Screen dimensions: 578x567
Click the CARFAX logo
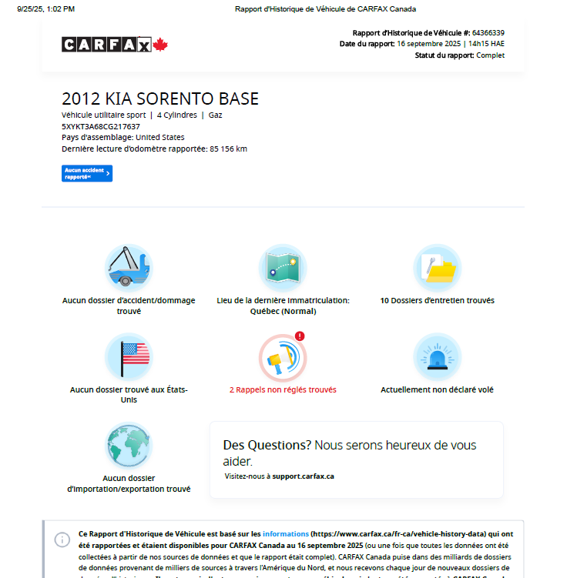(106, 45)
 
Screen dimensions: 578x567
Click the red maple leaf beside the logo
(160, 45)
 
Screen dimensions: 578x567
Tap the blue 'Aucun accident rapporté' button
(87, 173)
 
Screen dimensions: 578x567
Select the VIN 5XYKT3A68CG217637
(101, 126)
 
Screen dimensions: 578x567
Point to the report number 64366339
(488, 33)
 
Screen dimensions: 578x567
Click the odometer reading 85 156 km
(228, 149)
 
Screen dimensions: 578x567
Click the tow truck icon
(129, 268)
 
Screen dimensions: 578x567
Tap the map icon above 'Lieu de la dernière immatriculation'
(283, 268)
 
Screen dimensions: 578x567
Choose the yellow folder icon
(438, 268)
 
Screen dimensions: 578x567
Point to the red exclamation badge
(300, 336)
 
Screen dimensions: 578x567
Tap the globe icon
(129, 446)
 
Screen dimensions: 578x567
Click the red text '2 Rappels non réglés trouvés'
(283, 389)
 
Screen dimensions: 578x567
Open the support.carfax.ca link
(303, 476)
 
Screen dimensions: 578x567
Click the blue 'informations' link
(286, 533)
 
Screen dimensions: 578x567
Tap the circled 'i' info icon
(62, 540)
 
